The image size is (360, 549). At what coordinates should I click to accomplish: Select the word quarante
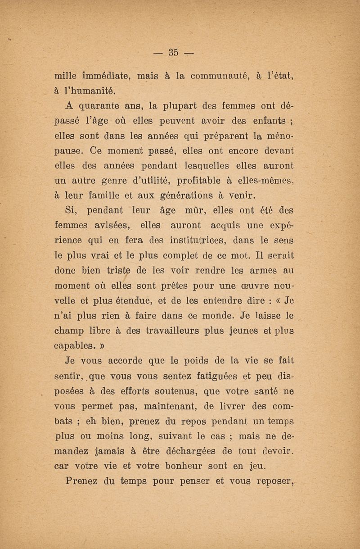pos(100,107)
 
